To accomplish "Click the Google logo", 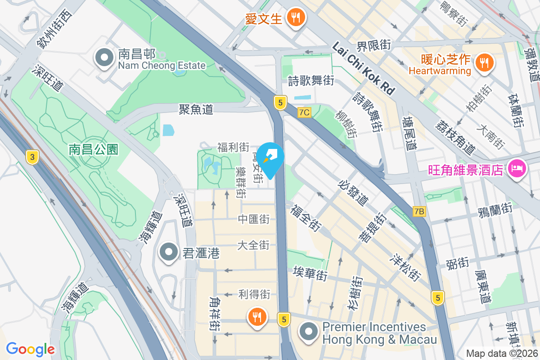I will coord(30,349).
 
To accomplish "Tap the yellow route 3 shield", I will coord(32,157).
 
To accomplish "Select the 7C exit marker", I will coord(304,112).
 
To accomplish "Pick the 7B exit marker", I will coord(419,211).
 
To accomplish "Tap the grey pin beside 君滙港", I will coord(169,252).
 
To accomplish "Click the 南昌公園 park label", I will coord(94,149).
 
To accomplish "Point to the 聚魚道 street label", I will coord(196,109).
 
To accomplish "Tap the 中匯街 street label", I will coord(254,219).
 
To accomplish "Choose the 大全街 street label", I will coord(253,245).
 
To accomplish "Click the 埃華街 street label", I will coord(310,273).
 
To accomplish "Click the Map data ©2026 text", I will coord(502,354).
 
